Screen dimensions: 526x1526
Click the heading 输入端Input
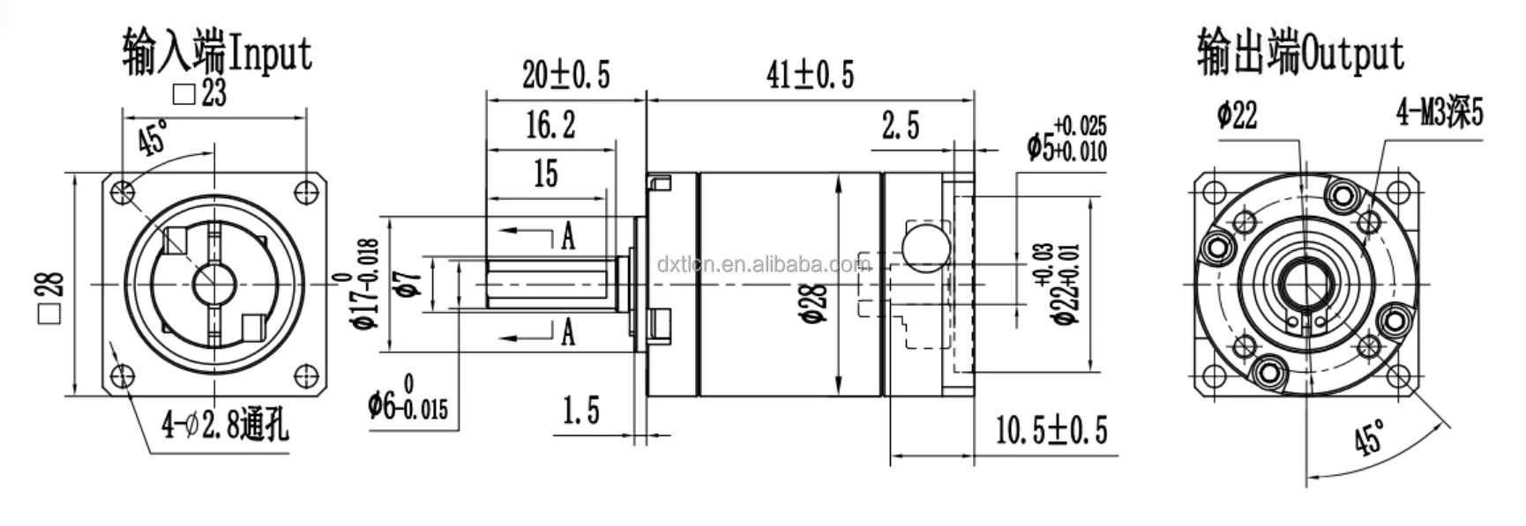click(x=217, y=52)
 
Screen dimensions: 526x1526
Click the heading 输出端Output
click(x=1299, y=52)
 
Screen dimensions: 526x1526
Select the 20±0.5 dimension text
click(x=565, y=74)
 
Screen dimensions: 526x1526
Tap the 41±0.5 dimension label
click(x=810, y=74)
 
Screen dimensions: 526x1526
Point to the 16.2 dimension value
click(x=550, y=125)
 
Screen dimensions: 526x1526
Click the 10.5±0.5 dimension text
click(x=1051, y=430)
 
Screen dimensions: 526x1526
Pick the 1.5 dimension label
click(x=580, y=411)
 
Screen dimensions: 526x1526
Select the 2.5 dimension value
click(x=900, y=126)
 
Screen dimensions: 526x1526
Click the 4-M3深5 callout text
click(x=1439, y=114)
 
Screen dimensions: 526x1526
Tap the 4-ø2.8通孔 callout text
click(x=224, y=426)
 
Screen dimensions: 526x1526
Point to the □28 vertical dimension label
click(x=50, y=297)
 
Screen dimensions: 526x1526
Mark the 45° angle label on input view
click(x=153, y=138)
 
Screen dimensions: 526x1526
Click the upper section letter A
click(x=567, y=235)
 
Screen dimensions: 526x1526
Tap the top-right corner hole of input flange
click(x=305, y=191)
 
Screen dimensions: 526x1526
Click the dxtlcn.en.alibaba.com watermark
click(x=764, y=263)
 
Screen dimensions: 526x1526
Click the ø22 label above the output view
click(x=1237, y=115)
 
